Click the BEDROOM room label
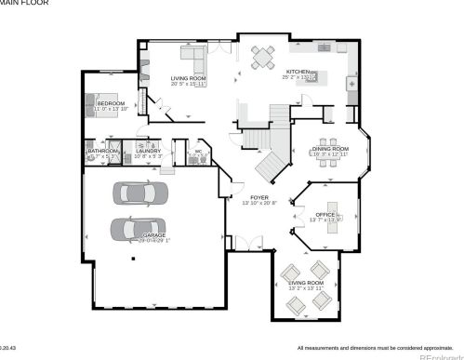(x=111, y=102)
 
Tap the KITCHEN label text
(x=298, y=72)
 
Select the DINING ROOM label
(x=331, y=149)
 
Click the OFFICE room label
(x=325, y=214)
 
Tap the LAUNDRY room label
(x=148, y=151)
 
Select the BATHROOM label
(x=102, y=151)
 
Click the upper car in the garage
(x=141, y=193)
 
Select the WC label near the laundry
(x=198, y=151)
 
